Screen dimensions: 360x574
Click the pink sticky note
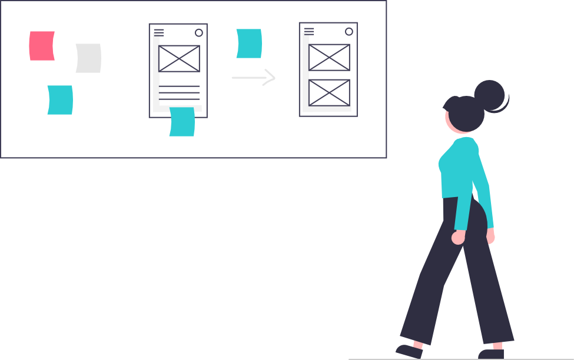click(42, 46)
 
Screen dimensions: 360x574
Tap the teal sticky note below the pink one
click(60, 100)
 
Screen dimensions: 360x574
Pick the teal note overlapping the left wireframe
click(182, 122)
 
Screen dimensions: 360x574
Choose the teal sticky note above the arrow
click(249, 44)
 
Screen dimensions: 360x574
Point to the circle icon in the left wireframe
click(199, 33)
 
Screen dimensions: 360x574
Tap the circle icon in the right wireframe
click(349, 32)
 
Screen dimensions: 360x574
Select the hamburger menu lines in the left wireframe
click(159, 32)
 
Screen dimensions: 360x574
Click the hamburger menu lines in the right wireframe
click(309, 31)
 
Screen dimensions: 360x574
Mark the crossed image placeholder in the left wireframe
click(179, 58)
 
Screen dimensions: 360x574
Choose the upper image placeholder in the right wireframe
click(329, 57)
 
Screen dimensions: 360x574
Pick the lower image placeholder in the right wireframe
click(329, 92)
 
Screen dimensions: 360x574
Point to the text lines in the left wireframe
click(180, 92)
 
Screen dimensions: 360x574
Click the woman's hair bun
click(490, 95)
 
